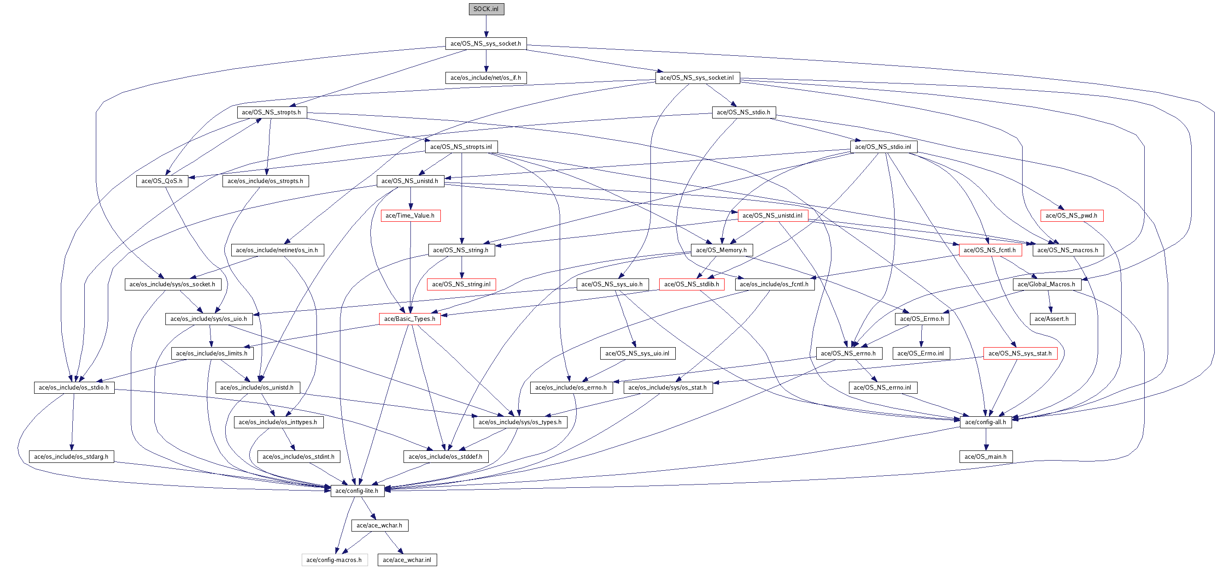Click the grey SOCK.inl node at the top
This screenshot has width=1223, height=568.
point(486,9)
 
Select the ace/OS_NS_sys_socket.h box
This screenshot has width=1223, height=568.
point(485,43)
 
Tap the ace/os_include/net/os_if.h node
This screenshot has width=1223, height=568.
point(485,78)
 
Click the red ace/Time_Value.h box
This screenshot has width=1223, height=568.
point(410,216)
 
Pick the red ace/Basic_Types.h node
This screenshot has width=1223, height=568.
point(409,319)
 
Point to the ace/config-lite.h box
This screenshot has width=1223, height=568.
point(357,491)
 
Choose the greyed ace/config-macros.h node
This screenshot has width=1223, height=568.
point(334,560)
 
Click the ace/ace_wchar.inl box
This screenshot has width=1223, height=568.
point(407,560)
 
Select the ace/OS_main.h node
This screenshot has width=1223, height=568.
point(985,457)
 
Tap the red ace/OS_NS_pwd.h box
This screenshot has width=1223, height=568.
point(1071,216)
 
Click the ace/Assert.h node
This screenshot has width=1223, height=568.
point(1051,319)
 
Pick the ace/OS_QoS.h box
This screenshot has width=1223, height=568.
point(161,181)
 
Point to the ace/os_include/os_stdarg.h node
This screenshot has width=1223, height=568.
point(71,457)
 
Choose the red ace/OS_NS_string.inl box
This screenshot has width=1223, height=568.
point(461,284)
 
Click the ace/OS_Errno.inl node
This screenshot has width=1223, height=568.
point(920,353)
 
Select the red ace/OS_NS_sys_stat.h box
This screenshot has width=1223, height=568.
point(1020,353)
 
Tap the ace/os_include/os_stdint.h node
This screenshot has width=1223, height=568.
point(298,457)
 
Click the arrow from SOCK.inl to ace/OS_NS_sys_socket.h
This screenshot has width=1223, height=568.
point(486,26)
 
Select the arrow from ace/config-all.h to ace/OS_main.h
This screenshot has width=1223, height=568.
point(986,439)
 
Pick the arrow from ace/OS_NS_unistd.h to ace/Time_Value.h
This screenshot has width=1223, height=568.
point(410,198)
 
